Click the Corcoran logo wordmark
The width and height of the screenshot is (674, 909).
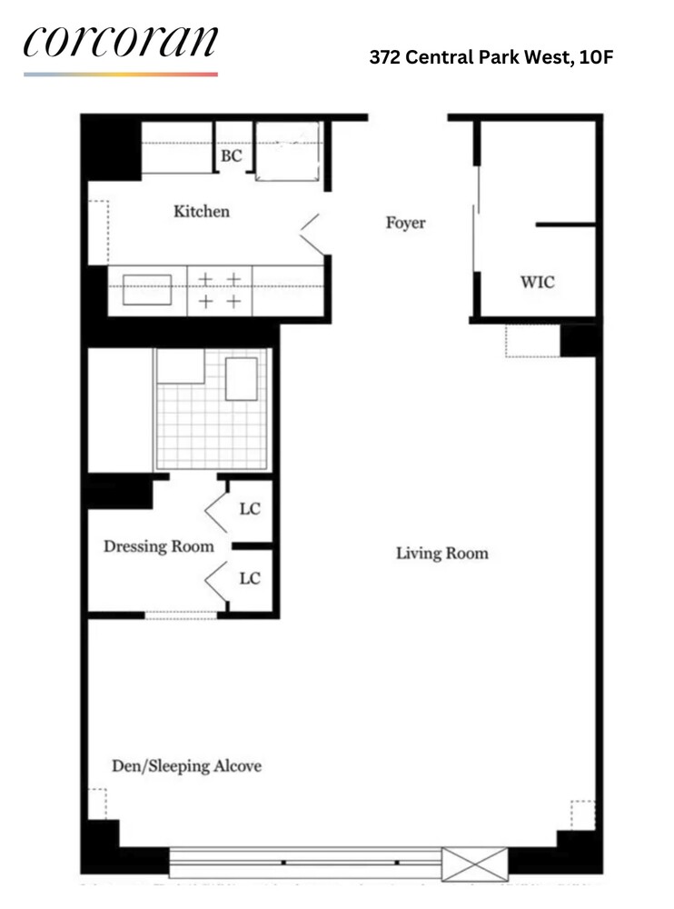(x=121, y=41)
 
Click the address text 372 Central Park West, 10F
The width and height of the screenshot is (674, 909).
(x=491, y=57)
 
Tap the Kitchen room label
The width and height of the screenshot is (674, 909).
(x=202, y=212)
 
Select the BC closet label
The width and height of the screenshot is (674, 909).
(x=232, y=156)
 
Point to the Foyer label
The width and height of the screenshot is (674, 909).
(x=406, y=224)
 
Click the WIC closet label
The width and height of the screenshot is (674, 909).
(x=537, y=283)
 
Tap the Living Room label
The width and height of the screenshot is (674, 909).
(x=442, y=554)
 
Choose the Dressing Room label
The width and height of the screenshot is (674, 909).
(x=159, y=546)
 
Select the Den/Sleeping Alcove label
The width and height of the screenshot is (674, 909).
(x=186, y=766)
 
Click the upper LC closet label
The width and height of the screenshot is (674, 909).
(x=250, y=509)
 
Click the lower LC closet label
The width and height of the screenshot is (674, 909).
(x=250, y=578)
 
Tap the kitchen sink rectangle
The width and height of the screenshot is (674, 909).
(x=147, y=290)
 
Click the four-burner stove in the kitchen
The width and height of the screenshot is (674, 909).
(x=220, y=291)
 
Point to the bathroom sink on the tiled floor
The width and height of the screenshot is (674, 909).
(x=241, y=379)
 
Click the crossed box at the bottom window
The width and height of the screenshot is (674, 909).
(x=475, y=864)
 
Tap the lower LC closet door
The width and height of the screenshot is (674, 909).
(x=216, y=580)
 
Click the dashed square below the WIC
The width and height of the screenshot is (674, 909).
(x=532, y=341)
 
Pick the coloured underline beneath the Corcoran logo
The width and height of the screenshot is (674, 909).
(x=121, y=75)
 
